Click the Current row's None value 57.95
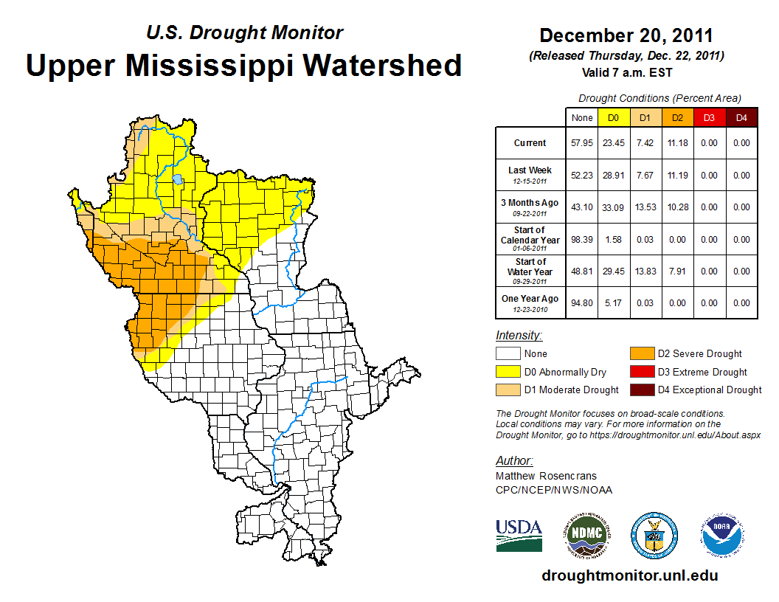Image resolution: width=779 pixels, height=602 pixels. tap(582, 143)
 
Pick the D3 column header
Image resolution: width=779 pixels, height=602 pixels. tap(709, 117)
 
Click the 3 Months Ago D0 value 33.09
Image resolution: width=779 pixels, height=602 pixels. tap(614, 207)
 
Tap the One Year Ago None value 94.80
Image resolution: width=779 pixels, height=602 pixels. tap(582, 303)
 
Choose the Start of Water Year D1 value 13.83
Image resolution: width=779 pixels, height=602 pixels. tap(645, 271)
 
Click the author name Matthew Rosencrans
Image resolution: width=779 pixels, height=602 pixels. tap(545, 476)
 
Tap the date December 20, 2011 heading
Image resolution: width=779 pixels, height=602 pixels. tap(626, 35)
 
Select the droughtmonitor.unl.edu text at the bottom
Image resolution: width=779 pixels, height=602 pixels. tap(629, 575)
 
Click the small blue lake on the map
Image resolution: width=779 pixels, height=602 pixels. tap(178, 179)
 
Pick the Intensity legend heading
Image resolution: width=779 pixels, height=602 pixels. tap(519, 336)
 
